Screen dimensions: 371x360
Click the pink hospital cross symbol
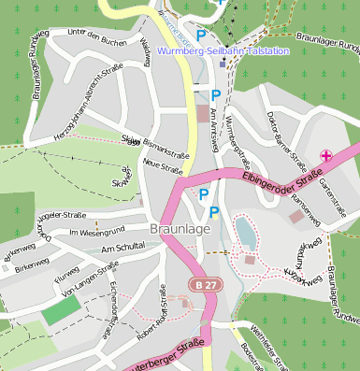click(326, 154)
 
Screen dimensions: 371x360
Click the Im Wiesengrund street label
click(97, 230)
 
